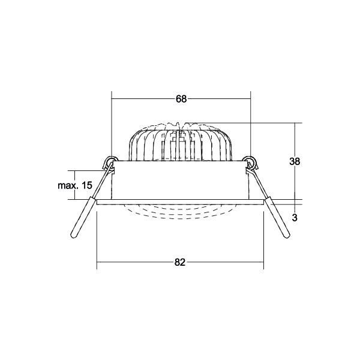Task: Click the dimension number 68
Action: pos(181,100)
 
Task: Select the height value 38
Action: pos(295,161)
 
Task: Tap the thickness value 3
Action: pos(295,218)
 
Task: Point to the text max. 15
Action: pos(74,185)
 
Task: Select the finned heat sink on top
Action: pos(181,144)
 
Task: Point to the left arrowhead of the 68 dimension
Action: pos(115,100)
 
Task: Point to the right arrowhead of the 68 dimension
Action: pos(248,100)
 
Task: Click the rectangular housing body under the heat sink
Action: pos(181,180)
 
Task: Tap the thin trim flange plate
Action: pos(181,202)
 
